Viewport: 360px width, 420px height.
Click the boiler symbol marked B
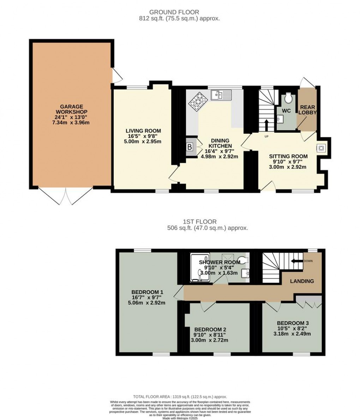click(x=190, y=146)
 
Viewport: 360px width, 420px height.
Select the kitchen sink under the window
click(x=221, y=95)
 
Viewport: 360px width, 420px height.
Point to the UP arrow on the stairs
click(x=266, y=125)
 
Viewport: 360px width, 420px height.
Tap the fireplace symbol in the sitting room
click(x=321, y=148)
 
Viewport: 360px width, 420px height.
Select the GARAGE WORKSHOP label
click(x=71, y=109)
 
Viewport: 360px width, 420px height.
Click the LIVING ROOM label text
click(x=143, y=131)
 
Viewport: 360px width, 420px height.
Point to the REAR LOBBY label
click(x=307, y=110)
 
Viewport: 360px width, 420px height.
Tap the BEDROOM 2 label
click(x=210, y=330)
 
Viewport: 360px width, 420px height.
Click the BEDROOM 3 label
click(x=293, y=323)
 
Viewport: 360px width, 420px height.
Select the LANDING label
click(x=302, y=281)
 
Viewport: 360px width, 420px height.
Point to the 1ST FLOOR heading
click(x=195, y=222)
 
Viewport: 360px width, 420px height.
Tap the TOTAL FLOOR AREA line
click(x=180, y=397)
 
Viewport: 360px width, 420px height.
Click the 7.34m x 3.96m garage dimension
click(x=71, y=122)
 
